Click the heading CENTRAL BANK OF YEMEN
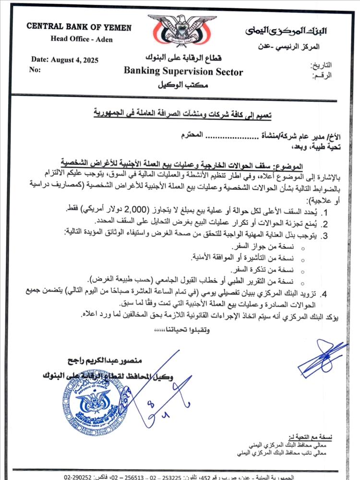(x=79, y=27)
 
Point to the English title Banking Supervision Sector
(x=183, y=72)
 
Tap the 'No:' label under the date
(x=35, y=70)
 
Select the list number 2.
(x=324, y=223)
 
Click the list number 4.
(x=324, y=293)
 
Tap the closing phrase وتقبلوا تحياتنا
(x=183, y=331)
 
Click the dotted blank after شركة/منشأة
(x=226, y=136)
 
